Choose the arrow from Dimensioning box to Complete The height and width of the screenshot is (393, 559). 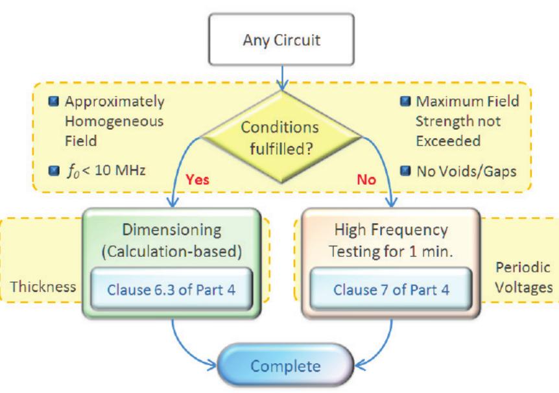pos(195,344)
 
